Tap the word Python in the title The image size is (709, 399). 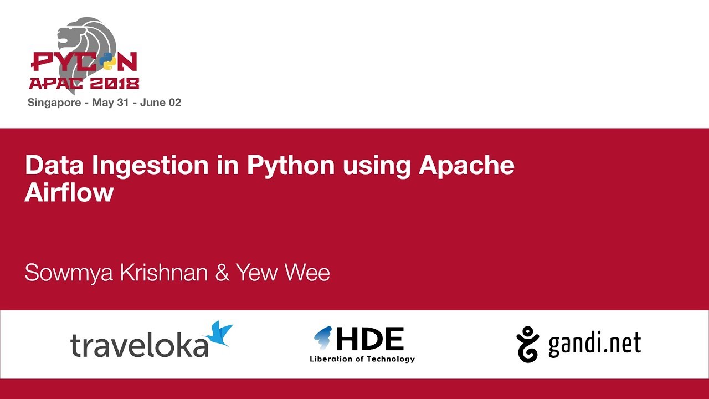click(291, 166)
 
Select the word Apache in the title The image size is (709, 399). click(466, 166)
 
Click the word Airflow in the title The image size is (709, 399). click(69, 192)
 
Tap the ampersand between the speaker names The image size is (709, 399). click(222, 273)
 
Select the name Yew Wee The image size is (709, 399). click(282, 273)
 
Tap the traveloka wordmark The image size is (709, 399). click(138, 345)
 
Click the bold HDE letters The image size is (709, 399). click(370, 339)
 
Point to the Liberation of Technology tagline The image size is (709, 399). click(362, 359)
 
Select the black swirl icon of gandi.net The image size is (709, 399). click(527, 344)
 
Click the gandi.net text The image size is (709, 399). click(594, 344)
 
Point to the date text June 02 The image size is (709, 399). click(161, 103)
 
